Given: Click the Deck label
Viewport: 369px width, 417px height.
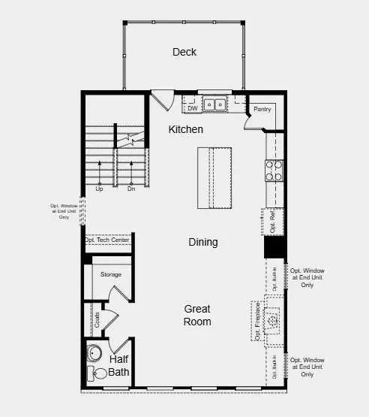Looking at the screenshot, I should [x=184, y=52].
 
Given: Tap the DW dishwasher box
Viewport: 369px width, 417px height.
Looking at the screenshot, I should [x=192, y=107].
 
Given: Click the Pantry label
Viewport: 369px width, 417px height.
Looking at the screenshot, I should [x=262, y=110].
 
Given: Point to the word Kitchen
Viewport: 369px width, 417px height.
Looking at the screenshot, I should [x=185, y=129].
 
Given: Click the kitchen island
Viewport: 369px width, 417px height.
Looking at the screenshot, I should [x=214, y=177].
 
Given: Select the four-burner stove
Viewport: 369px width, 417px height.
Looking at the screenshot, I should [x=274, y=171].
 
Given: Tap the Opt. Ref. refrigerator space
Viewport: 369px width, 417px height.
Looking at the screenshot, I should [x=274, y=220].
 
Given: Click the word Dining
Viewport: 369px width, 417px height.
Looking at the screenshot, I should [x=202, y=242].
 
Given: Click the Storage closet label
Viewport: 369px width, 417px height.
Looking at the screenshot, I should [x=111, y=275].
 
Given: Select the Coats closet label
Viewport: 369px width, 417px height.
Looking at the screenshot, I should [x=97, y=319].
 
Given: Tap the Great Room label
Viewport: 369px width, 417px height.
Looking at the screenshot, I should [x=198, y=315].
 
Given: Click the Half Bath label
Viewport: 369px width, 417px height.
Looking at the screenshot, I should [x=119, y=365].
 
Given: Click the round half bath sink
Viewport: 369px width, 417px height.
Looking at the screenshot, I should [x=95, y=353].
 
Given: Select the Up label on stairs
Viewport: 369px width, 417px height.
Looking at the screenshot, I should [x=99, y=189].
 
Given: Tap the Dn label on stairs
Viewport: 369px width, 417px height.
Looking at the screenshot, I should [x=130, y=189].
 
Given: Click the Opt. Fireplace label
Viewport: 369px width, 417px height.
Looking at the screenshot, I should [x=257, y=321].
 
